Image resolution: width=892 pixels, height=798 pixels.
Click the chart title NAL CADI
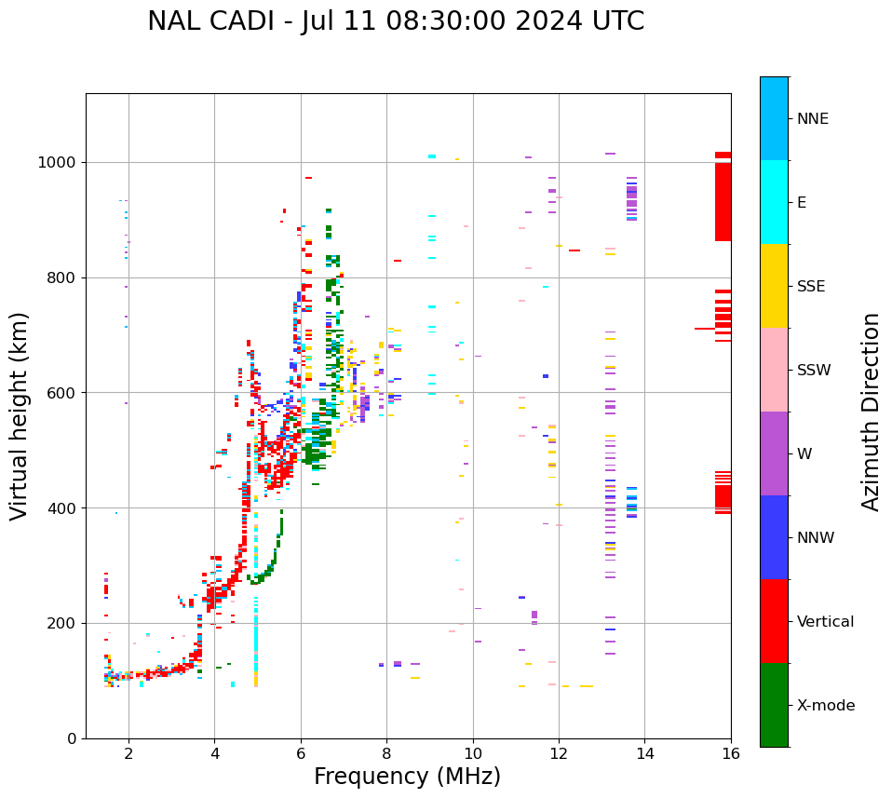pyautogui.click(x=396, y=21)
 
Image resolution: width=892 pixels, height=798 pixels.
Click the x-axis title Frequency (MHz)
pyautogui.click(x=407, y=777)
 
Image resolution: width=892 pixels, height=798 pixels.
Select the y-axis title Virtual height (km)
pyautogui.click(x=20, y=415)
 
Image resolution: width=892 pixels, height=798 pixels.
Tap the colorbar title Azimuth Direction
pyautogui.click(x=871, y=412)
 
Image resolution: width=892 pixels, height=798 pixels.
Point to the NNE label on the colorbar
pyautogui.click(x=813, y=119)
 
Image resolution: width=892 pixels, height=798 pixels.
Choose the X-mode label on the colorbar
pyautogui.click(x=826, y=705)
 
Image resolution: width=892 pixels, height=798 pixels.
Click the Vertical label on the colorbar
pyautogui.click(x=825, y=621)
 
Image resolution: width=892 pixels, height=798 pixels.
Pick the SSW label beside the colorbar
pyautogui.click(x=814, y=370)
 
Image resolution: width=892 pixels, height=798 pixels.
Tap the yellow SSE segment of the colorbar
pyautogui.click(x=774, y=286)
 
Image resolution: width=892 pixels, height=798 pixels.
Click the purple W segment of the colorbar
pyautogui.click(x=774, y=453)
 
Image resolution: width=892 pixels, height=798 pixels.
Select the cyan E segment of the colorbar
pyautogui.click(x=774, y=202)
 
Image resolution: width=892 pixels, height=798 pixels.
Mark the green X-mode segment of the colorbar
pyautogui.click(x=774, y=705)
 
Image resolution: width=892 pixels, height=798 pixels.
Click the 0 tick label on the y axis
pyautogui.click(x=72, y=738)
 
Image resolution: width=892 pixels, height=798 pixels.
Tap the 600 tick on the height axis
pyautogui.click(x=64, y=393)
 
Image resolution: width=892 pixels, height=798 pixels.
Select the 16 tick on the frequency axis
pyautogui.click(x=731, y=753)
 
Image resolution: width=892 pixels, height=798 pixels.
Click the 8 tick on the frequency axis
pyautogui.click(x=386, y=753)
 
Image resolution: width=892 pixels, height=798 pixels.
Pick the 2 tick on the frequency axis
pyautogui.click(x=128, y=753)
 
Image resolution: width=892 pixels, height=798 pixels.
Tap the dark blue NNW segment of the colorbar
pyautogui.click(x=774, y=537)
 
